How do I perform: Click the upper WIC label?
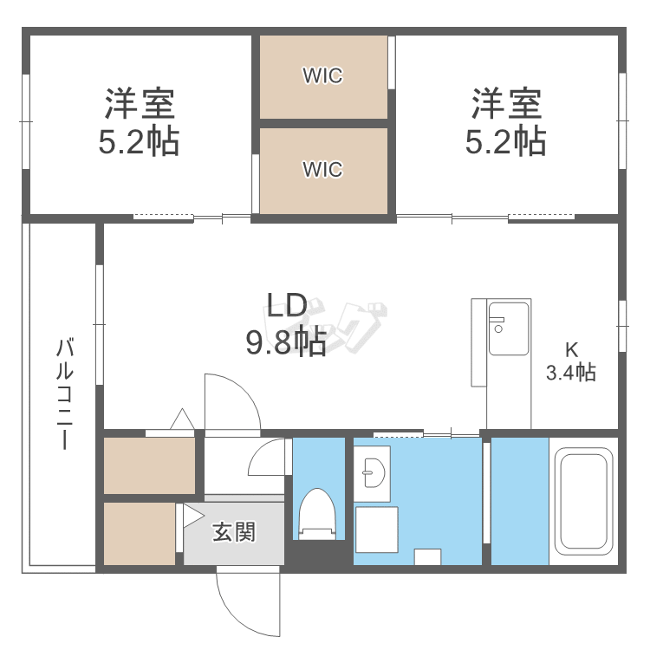coord(323,75)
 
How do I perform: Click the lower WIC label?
coord(323,169)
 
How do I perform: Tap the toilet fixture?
coord(317,514)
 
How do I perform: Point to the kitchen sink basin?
coord(509,328)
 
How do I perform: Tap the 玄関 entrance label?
coord(234,532)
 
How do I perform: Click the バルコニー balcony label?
coord(65,393)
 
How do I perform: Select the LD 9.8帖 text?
coord(287,324)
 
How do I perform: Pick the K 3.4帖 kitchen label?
coord(571,361)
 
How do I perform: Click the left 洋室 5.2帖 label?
coord(139,122)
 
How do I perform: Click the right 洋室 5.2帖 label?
coord(506,122)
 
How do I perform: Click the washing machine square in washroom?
coord(377,530)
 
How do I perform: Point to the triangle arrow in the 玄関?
coord(193,516)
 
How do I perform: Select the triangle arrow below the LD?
coord(182,419)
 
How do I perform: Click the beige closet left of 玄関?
coord(140,534)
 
